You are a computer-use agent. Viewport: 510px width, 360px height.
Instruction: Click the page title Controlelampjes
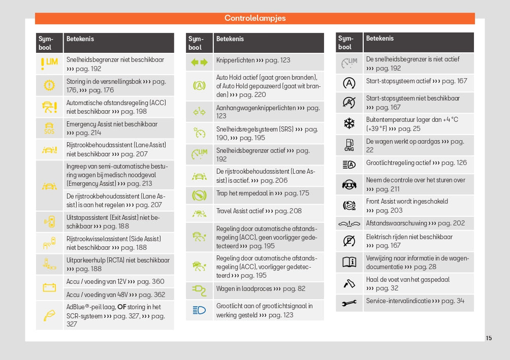point(255,18)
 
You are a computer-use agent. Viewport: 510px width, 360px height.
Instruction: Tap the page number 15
point(489,338)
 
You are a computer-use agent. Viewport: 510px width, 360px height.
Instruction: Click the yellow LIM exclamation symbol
point(49,63)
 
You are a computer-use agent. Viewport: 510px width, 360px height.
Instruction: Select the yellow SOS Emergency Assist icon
point(49,128)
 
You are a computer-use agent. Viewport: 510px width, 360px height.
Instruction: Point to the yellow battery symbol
point(49,287)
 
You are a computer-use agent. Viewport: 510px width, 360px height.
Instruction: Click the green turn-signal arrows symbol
point(199,62)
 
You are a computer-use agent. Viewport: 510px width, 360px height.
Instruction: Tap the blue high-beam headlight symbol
point(199,310)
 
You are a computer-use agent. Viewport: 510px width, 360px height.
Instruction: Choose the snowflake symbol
point(349,123)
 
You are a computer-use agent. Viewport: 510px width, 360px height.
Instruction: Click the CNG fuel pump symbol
point(349,145)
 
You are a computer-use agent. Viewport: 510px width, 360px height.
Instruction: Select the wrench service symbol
point(349,303)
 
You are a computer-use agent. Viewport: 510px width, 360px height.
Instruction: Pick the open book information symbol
point(349,262)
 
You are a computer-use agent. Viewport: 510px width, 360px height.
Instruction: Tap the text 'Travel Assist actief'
point(240,211)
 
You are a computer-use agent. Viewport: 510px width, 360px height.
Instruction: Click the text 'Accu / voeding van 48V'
point(97,294)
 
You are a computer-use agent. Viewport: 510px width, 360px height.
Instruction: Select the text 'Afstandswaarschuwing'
point(396,223)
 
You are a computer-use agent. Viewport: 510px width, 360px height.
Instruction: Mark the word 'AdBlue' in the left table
point(76,307)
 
